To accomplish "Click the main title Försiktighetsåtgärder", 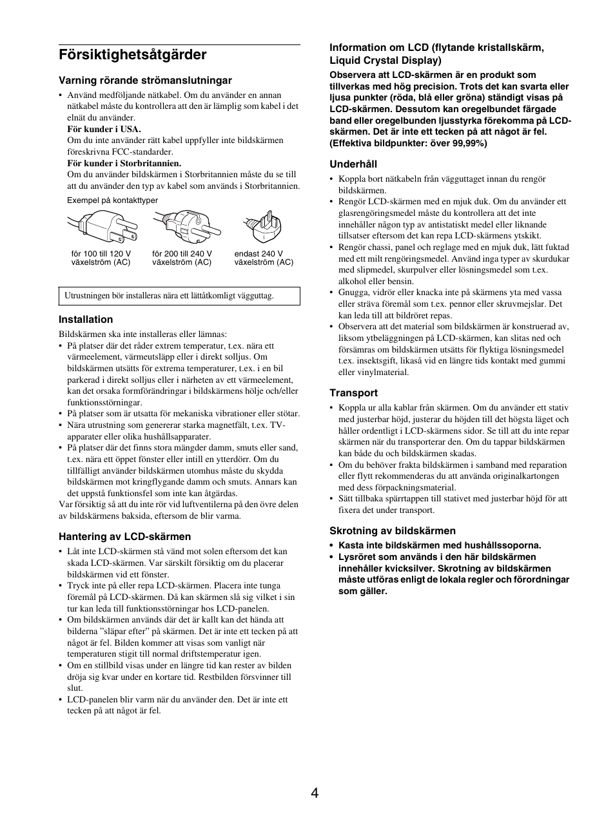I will click(x=132, y=55).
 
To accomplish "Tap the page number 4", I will click(x=314, y=793).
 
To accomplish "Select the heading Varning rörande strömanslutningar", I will click(x=145, y=81).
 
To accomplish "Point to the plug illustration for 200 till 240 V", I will click(x=183, y=226).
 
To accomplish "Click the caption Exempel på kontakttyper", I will click(x=112, y=200).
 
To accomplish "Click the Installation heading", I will click(x=86, y=320).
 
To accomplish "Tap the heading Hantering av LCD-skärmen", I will click(x=124, y=537).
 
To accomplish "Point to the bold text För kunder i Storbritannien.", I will click(x=124, y=164).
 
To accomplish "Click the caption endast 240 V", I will click(x=259, y=254).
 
